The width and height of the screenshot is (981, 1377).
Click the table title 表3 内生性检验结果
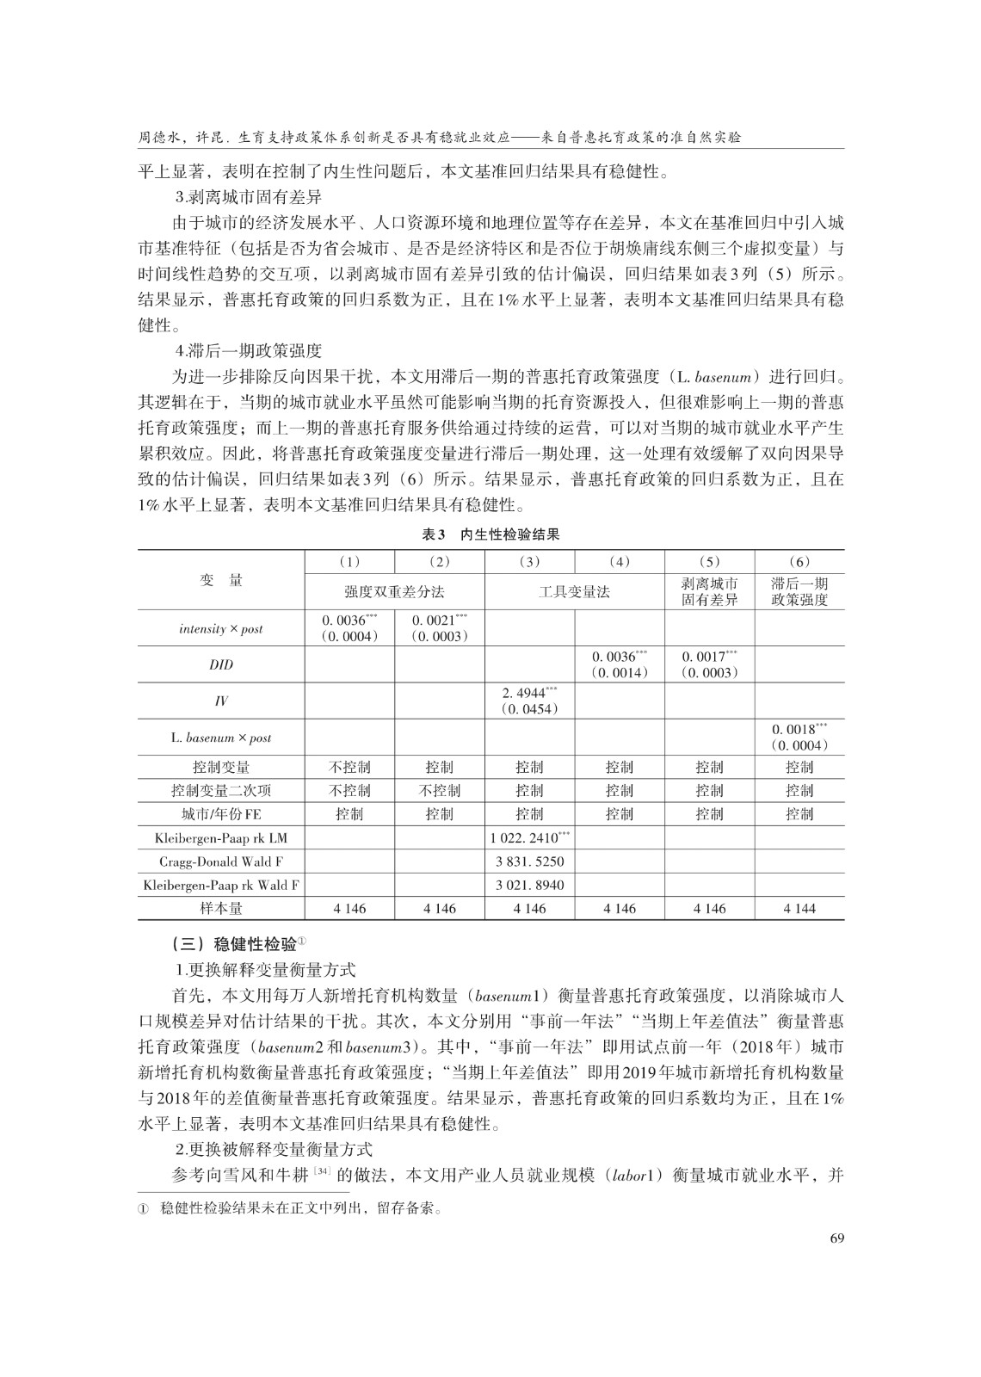490,534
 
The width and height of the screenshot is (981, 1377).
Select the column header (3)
530,562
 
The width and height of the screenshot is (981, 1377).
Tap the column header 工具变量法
574,592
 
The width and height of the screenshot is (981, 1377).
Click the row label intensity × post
221,629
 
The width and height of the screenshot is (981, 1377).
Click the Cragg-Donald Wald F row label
221,861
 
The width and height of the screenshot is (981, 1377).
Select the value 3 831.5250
530,861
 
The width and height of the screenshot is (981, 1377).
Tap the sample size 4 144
799,908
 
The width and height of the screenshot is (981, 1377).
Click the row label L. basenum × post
221,738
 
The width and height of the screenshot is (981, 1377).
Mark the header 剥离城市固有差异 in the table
710,592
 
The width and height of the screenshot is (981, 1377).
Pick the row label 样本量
221,908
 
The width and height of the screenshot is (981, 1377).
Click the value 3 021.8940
530,885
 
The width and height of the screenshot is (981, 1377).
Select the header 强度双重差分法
395,592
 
